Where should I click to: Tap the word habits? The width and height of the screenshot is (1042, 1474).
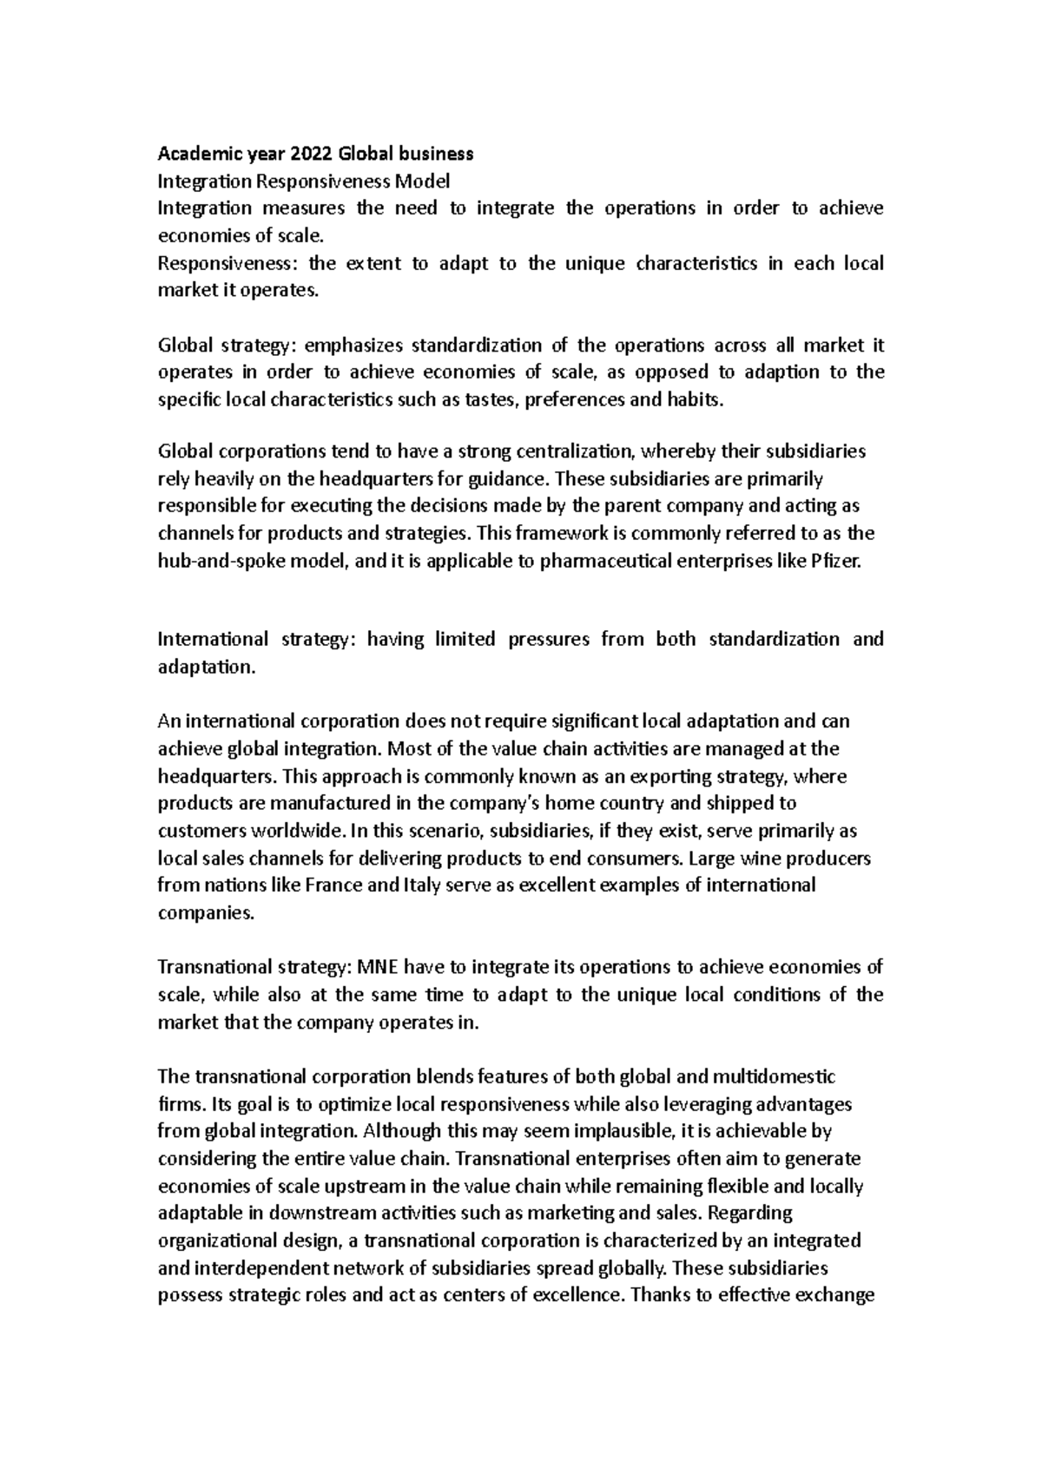click(694, 400)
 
